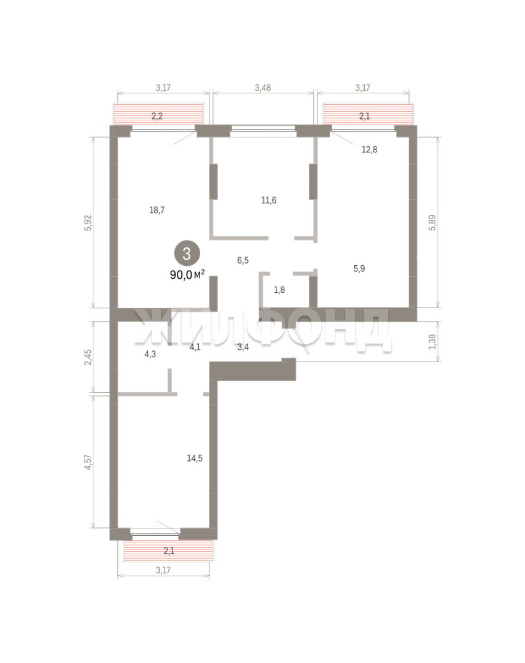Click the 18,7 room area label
157,210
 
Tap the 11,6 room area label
268,200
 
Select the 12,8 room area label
369,149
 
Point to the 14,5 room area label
195,459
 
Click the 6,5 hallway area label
243,260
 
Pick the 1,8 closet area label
279,290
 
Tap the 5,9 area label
359,268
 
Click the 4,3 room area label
150,354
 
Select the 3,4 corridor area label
243,347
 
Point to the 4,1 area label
195,347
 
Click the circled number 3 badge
186,254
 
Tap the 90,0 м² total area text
187,275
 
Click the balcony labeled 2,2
158,115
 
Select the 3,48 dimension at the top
263,88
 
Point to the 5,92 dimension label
88,223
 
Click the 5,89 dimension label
432,222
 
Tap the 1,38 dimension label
432,342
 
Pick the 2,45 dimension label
88,358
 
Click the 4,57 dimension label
88,462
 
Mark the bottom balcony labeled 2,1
168,551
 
